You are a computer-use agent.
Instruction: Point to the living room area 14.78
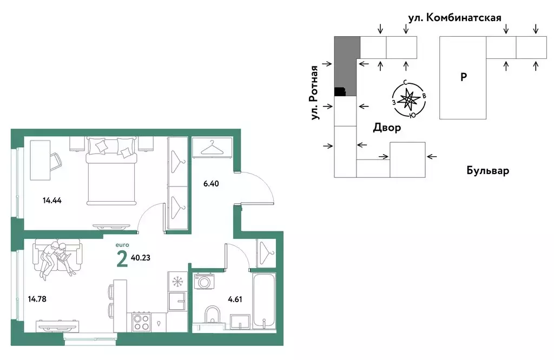pyautogui.click(x=36, y=298)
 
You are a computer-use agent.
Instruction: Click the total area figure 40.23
pyautogui.click(x=141, y=258)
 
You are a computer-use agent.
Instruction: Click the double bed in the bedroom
pyautogui.click(x=111, y=170)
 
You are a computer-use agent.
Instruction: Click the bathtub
pyautogui.click(x=264, y=300)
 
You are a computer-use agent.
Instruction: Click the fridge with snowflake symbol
pyautogui.click(x=177, y=282)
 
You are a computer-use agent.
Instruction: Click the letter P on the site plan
pyautogui.click(x=463, y=77)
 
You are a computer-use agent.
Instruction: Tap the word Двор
pyautogui.click(x=387, y=128)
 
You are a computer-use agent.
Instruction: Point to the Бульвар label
pyautogui.click(x=487, y=171)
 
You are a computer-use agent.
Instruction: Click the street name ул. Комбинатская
pyautogui.click(x=454, y=17)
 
